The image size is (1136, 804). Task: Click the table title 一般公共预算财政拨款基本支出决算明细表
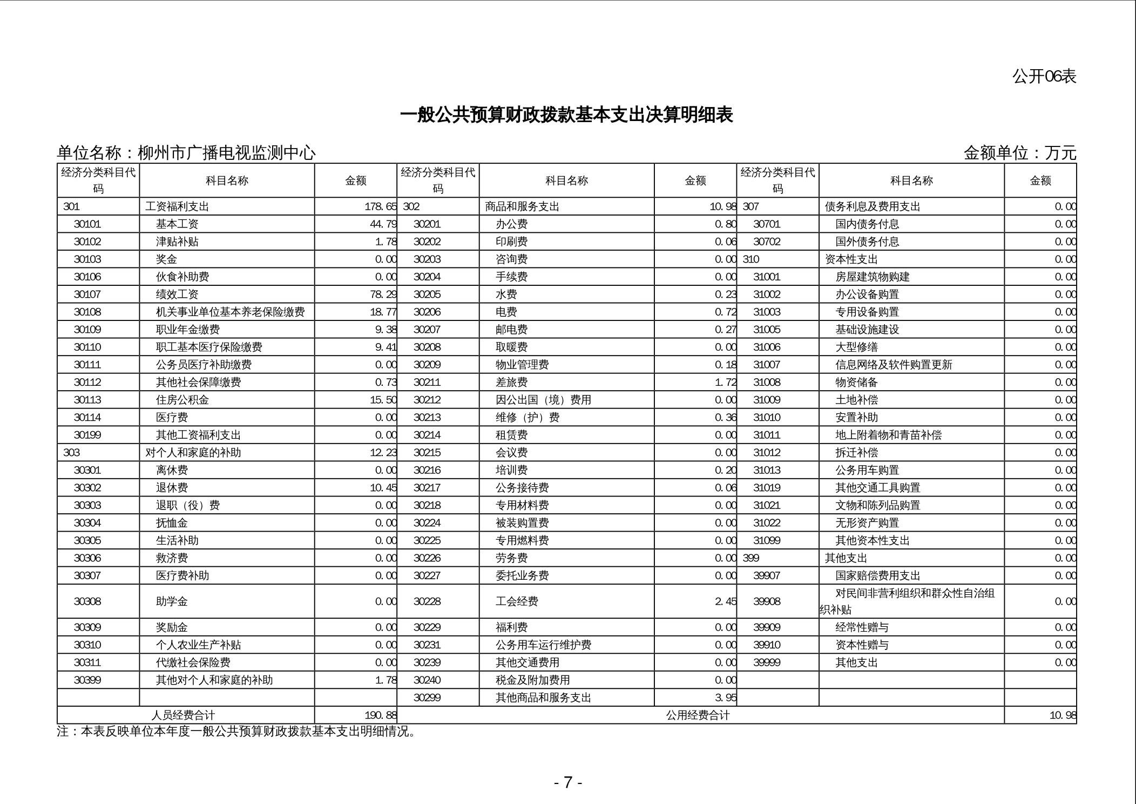tap(566, 115)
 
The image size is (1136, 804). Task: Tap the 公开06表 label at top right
tap(1044, 77)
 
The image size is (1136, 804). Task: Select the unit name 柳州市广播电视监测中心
tap(227, 153)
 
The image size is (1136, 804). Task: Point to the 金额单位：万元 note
tap(1019, 153)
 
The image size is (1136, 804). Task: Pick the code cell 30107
tap(87, 294)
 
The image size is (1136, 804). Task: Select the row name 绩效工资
tap(177, 294)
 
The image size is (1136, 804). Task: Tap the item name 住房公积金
tap(182, 400)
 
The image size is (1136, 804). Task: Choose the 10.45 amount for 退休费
tap(383, 488)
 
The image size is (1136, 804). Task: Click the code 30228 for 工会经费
tap(427, 601)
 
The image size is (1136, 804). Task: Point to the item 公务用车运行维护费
tap(543, 645)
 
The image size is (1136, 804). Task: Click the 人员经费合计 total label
tap(182, 715)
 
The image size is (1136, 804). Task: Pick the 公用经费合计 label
tap(698, 715)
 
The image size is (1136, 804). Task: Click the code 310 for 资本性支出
tap(750, 259)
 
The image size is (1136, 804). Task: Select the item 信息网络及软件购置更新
tap(894, 365)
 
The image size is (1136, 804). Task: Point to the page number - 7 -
tap(567, 782)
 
